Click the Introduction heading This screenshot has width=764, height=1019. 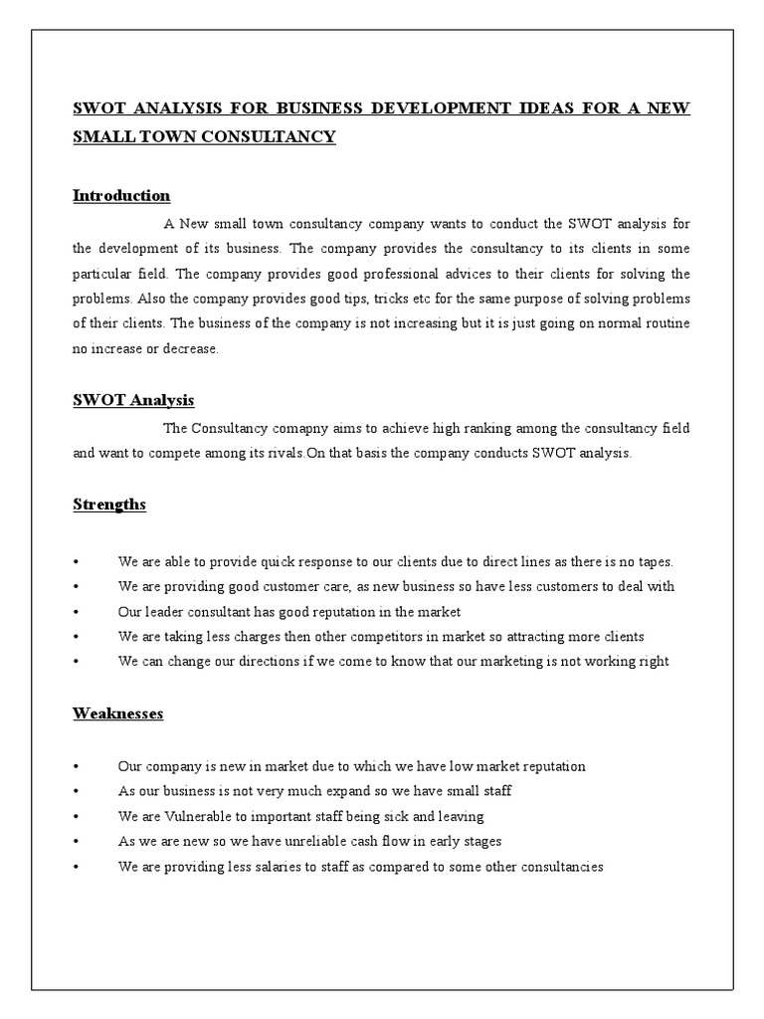pos(121,195)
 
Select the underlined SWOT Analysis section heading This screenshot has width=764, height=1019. pos(133,400)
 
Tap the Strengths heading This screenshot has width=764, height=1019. pos(109,505)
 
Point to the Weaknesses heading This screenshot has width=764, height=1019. pos(117,713)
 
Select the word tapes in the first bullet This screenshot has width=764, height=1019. pos(652,561)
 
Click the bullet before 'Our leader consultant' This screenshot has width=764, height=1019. pos(77,612)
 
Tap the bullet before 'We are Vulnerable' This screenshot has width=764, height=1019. pos(77,817)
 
